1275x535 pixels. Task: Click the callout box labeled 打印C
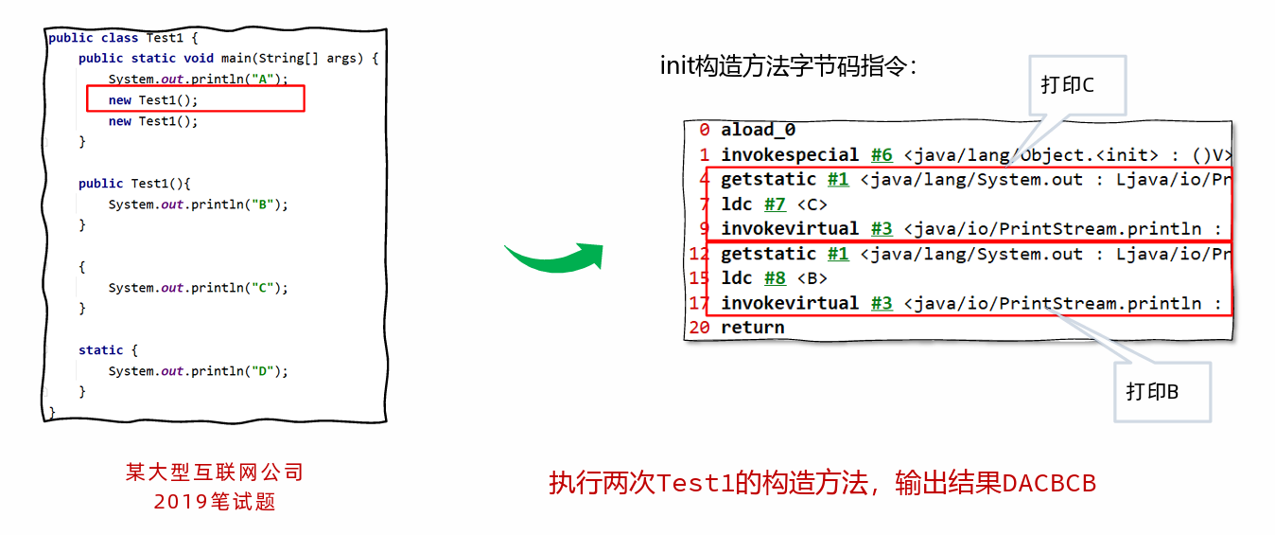1077,85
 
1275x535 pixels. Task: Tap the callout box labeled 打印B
1162,392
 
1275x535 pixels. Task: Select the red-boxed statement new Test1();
153,100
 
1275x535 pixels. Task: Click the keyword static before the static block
101,349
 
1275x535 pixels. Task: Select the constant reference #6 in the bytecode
882,155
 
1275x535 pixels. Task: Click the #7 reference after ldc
775,204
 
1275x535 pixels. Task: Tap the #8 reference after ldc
775,278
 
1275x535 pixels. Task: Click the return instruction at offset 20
753,328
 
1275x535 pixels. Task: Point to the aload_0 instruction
759,131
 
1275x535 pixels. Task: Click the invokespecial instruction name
790,155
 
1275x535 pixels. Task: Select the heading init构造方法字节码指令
788,66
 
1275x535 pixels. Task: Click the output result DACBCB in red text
1049,483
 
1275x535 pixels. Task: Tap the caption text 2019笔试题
215,502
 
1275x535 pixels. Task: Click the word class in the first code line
119,38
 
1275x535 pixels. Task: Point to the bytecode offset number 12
699,254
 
